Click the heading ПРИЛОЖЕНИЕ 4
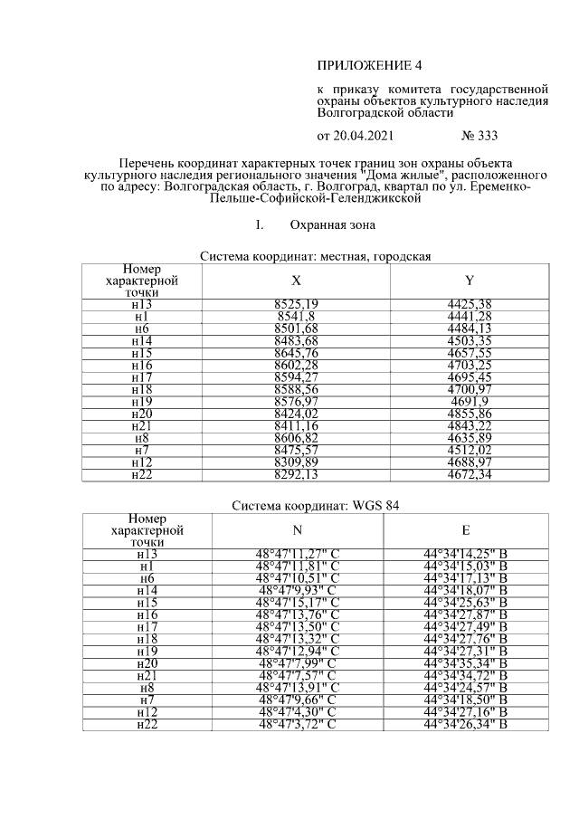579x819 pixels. tap(369, 66)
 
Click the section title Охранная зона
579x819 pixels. tap(332, 224)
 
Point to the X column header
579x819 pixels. tap(296, 281)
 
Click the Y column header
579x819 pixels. tap(470, 281)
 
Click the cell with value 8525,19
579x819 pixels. tap(296, 304)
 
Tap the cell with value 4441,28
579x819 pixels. tap(470, 316)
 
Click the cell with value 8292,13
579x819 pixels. tap(296, 473)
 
